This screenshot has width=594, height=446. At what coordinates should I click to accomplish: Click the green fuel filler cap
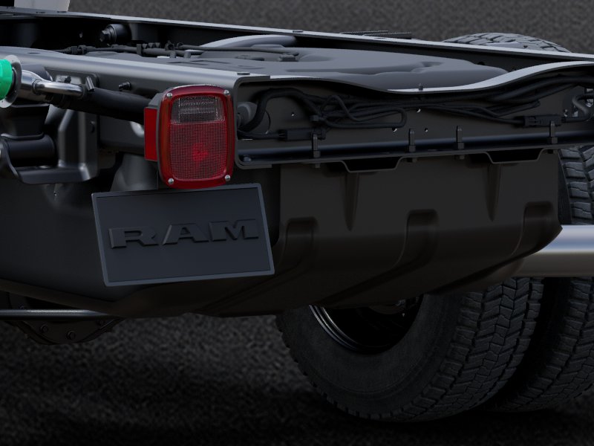pos(6,79)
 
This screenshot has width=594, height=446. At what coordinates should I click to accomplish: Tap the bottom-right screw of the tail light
pos(227,178)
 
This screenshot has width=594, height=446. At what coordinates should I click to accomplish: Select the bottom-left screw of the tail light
pos(170,182)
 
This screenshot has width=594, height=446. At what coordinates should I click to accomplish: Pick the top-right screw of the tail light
pos(226,92)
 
